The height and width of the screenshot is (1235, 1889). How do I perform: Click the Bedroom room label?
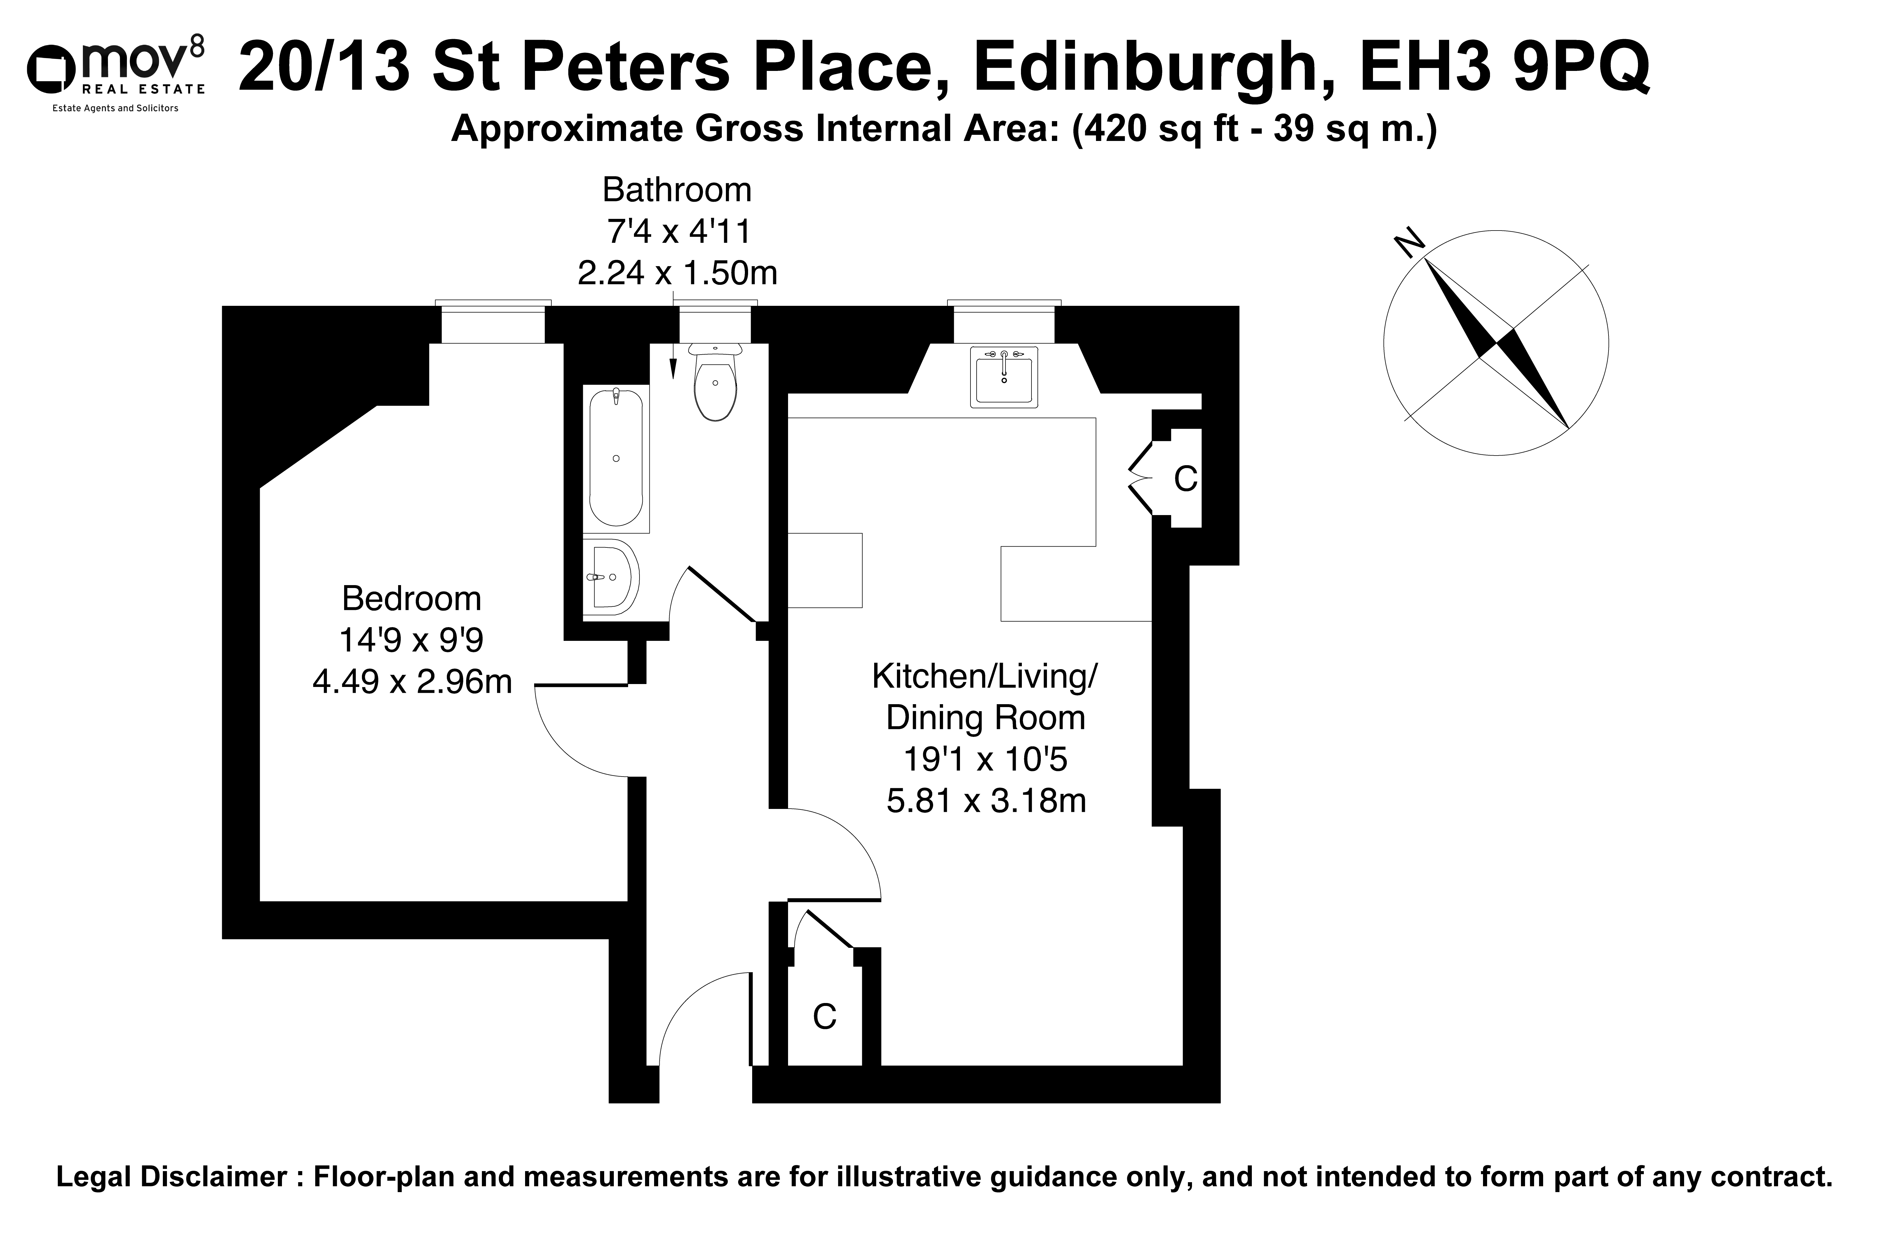click(x=411, y=599)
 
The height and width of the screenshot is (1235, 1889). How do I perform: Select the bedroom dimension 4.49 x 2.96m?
click(x=412, y=682)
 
